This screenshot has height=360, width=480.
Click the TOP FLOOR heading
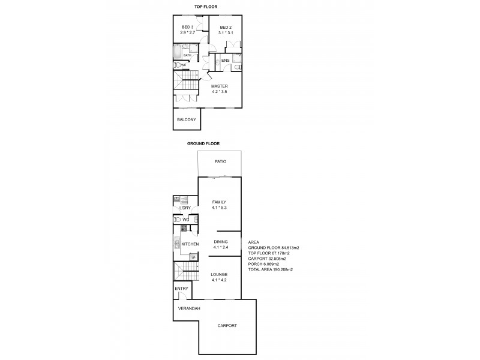point(205,7)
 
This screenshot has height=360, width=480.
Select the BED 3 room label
point(188,27)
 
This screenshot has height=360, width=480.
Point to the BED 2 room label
point(226,27)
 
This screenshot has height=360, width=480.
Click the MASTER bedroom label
point(219,86)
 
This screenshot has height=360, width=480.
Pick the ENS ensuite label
point(226,61)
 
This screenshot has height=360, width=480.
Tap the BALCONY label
point(187,119)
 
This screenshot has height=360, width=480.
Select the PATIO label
point(221,162)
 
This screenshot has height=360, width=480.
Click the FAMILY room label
point(218,202)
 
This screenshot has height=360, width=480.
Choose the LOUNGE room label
point(218,274)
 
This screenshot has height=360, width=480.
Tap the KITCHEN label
point(190,244)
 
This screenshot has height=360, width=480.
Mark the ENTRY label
point(181,289)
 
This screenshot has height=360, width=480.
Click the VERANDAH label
point(189,308)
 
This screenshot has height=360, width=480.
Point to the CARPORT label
point(227,326)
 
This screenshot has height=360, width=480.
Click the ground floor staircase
point(185,272)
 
